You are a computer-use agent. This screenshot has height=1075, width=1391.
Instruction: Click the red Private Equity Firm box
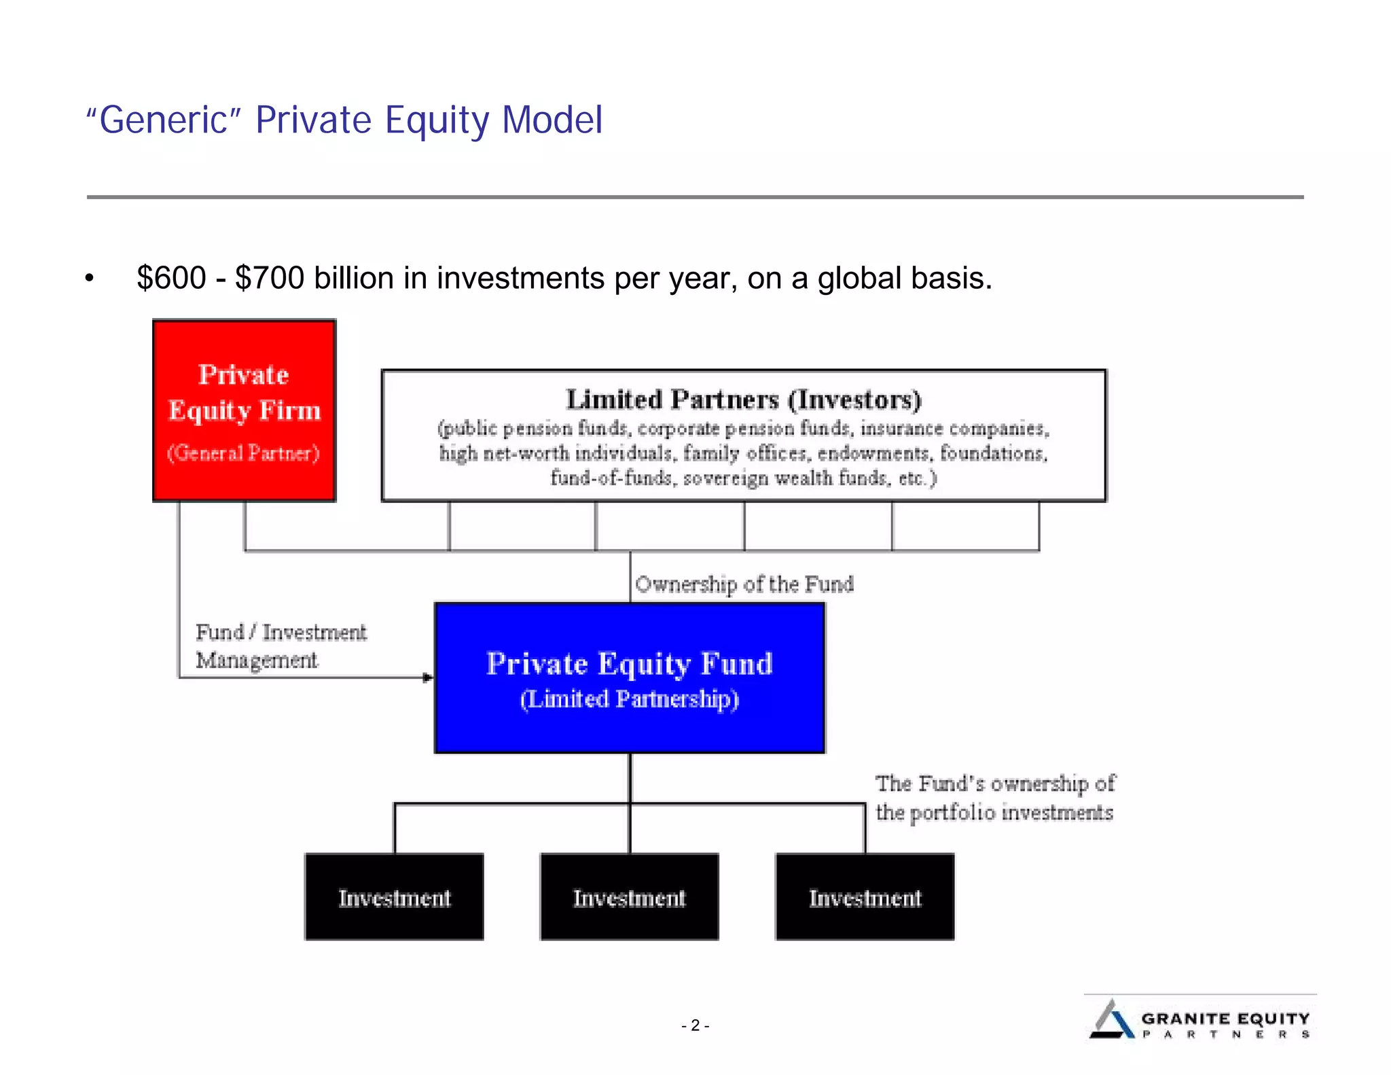[x=244, y=410]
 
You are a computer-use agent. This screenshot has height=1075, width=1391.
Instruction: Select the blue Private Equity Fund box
[x=629, y=677]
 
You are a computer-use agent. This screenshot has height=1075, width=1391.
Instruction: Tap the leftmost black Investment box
[x=394, y=897]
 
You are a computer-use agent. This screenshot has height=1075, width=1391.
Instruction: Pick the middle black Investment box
[x=629, y=897]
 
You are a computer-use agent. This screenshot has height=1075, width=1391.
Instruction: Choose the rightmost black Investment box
[x=865, y=897]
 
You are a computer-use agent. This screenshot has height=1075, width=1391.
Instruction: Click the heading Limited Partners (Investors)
[x=744, y=400]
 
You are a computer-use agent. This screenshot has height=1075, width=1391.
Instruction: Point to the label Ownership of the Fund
[x=744, y=584]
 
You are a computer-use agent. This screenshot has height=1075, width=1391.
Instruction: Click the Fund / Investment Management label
[x=280, y=646]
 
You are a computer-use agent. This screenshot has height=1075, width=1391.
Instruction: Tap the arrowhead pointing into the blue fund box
[x=427, y=677]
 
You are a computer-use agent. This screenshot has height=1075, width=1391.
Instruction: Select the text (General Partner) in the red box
[x=243, y=453]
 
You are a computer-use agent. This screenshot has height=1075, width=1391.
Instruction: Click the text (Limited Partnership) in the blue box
[x=629, y=699]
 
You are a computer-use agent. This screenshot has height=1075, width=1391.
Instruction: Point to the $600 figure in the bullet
[x=171, y=278]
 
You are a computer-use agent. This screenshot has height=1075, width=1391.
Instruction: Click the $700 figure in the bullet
[x=269, y=278]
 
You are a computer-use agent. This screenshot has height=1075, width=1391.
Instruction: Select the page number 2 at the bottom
[x=695, y=1025]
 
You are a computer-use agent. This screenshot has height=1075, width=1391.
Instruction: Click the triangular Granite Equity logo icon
[x=1111, y=1020]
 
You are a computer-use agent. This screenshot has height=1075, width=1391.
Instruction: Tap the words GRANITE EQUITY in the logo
[x=1225, y=1018]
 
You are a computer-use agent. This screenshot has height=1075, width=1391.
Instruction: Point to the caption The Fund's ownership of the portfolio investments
[x=994, y=798]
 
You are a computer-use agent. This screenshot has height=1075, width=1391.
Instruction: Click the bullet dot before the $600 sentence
[x=89, y=279]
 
